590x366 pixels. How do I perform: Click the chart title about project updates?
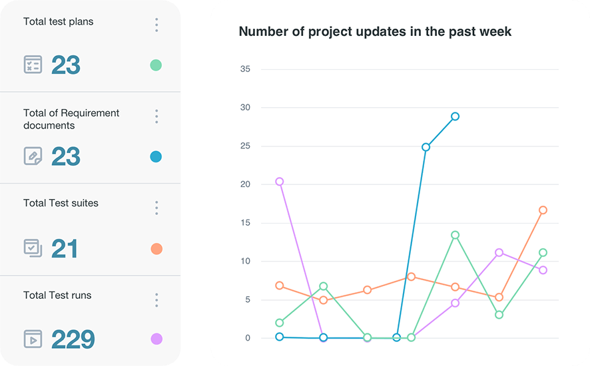[375, 31]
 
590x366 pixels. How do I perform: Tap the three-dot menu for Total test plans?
[156, 25]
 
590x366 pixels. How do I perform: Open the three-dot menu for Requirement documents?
[156, 116]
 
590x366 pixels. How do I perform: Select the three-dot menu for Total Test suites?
[156, 208]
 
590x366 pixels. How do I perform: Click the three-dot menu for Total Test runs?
[156, 299]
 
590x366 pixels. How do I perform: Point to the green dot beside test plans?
[156, 65]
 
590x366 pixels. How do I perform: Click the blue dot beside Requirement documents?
[156, 157]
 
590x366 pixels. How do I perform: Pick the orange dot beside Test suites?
[156, 249]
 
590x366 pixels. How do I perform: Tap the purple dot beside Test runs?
[156, 339]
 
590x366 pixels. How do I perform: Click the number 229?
[73, 339]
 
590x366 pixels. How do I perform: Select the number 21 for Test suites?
[65, 249]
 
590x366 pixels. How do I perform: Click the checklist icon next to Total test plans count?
[33, 65]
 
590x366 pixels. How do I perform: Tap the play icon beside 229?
[33, 339]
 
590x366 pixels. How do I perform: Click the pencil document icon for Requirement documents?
[33, 156]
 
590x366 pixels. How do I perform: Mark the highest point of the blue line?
[455, 116]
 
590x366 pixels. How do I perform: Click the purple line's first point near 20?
[280, 182]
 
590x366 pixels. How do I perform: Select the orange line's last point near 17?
[543, 210]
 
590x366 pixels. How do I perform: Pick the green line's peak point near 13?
[455, 235]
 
